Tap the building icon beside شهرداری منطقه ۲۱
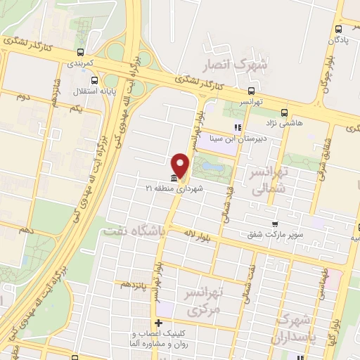[174, 178]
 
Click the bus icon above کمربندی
[82, 52]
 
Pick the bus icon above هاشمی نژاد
[284, 112]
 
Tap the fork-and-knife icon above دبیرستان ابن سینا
[237, 127]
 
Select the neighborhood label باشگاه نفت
[133, 230]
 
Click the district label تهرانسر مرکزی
[202, 300]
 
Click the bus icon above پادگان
[339, 29]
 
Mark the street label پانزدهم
[135, 284]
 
